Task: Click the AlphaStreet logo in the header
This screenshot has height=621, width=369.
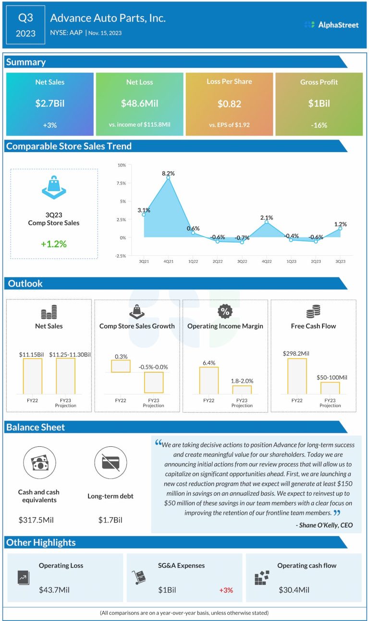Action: (x=332, y=24)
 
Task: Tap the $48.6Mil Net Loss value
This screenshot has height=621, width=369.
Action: (x=139, y=104)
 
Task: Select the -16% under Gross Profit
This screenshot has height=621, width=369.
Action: (x=319, y=125)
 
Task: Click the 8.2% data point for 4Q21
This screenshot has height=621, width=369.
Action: (x=168, y=178)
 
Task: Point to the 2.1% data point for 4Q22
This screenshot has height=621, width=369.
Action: (x=267, y=222)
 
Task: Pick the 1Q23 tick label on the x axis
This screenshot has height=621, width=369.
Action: (x=291, y=262)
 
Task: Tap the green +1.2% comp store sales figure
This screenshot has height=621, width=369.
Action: (x=54, y=244)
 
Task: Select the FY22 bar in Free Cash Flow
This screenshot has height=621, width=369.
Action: (x=297, y=376)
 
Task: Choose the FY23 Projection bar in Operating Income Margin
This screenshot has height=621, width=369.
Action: (x=242, y=390)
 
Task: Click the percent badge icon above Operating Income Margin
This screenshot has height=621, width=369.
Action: (x=225, y=312)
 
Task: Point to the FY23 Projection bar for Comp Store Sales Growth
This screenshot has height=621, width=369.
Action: (x=154, y=382)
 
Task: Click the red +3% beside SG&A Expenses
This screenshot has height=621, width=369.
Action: (x=226, y=590)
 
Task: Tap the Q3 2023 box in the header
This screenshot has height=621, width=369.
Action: (x=26, y=25)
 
